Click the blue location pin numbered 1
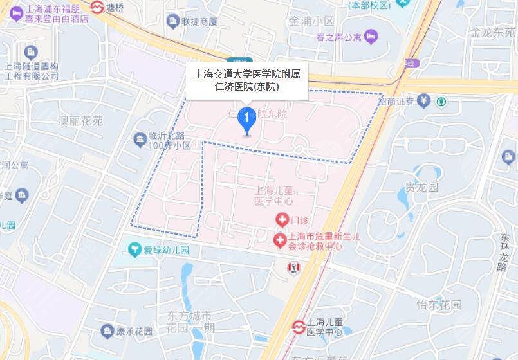coord(246,119)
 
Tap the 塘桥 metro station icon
coord(98,8)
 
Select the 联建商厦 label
coord(199,22)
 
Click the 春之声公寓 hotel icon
coord(371,37)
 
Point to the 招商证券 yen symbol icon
coord(423,100)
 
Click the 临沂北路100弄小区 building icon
coord(139,138)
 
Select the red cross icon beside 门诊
coord(281,220)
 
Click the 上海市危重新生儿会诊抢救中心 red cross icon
coord(280,241)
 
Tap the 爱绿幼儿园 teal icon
coord(134,249)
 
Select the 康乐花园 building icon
coord(107,331)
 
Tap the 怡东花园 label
coord(439,304)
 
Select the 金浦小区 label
coord(312,21)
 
